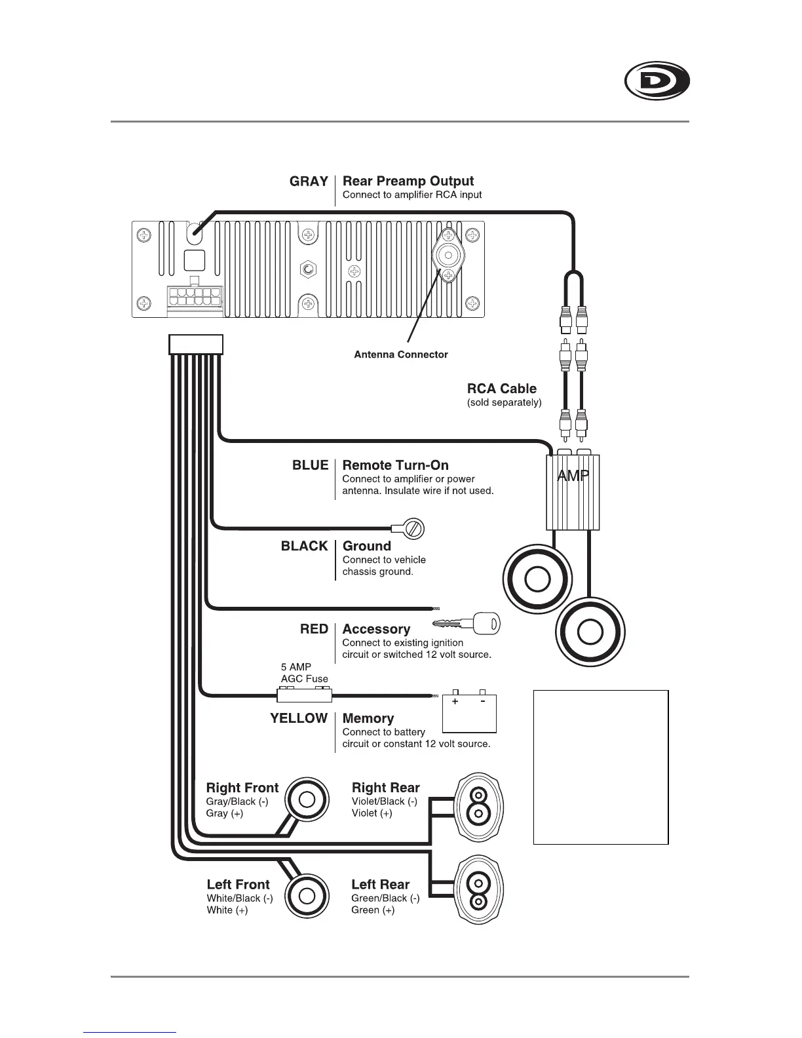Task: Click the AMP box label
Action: pos(573,476)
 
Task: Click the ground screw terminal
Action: pos(413,528)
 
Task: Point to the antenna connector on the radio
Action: pos(448,256)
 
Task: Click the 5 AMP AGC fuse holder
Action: pos(305,694)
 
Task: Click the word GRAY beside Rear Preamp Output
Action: pos(309,182)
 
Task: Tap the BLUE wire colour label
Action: pos(310,465)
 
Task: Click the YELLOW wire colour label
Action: pos(299,718)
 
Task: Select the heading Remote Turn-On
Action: pos(395,465)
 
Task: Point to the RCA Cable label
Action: pos(501,389)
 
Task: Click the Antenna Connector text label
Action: pos(401,355)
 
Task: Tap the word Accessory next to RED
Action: pos(376,629)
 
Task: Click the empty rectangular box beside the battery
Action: pos(601,767)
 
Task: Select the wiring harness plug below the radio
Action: pos(196,344)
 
